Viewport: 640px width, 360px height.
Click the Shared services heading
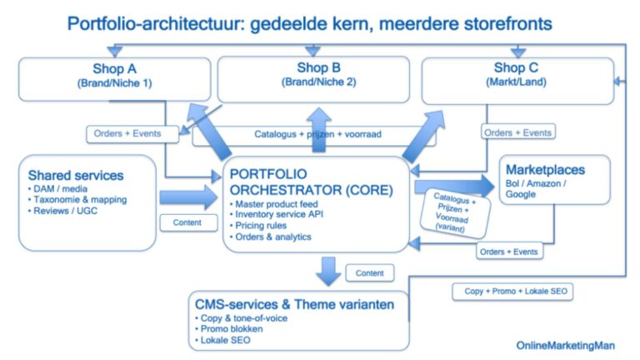pos(76,176)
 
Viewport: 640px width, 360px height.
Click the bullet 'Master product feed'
pos(276,205)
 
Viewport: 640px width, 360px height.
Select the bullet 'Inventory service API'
pos(281,216)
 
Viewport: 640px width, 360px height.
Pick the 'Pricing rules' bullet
pos(263,226)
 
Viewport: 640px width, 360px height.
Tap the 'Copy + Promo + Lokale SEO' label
pos(512,292)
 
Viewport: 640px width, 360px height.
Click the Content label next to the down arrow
pos(369,272)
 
